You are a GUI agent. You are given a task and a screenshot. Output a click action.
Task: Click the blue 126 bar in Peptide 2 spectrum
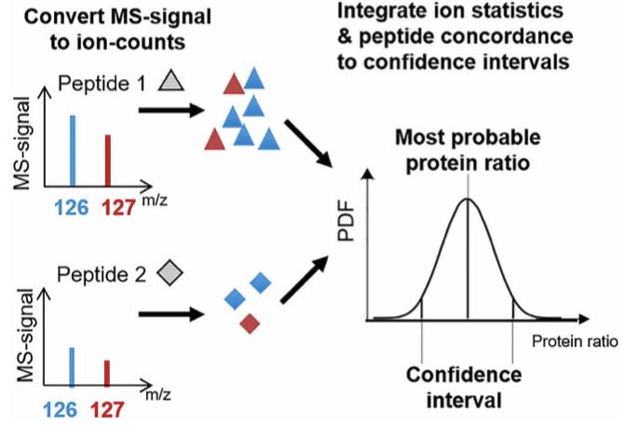tap(73, 366)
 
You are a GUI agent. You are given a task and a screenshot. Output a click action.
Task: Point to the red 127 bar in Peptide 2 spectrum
tap(108, 372)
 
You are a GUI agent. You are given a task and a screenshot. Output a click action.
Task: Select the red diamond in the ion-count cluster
tap(249, 324)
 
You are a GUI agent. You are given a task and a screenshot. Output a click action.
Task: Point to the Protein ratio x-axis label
tap(575, 341)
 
